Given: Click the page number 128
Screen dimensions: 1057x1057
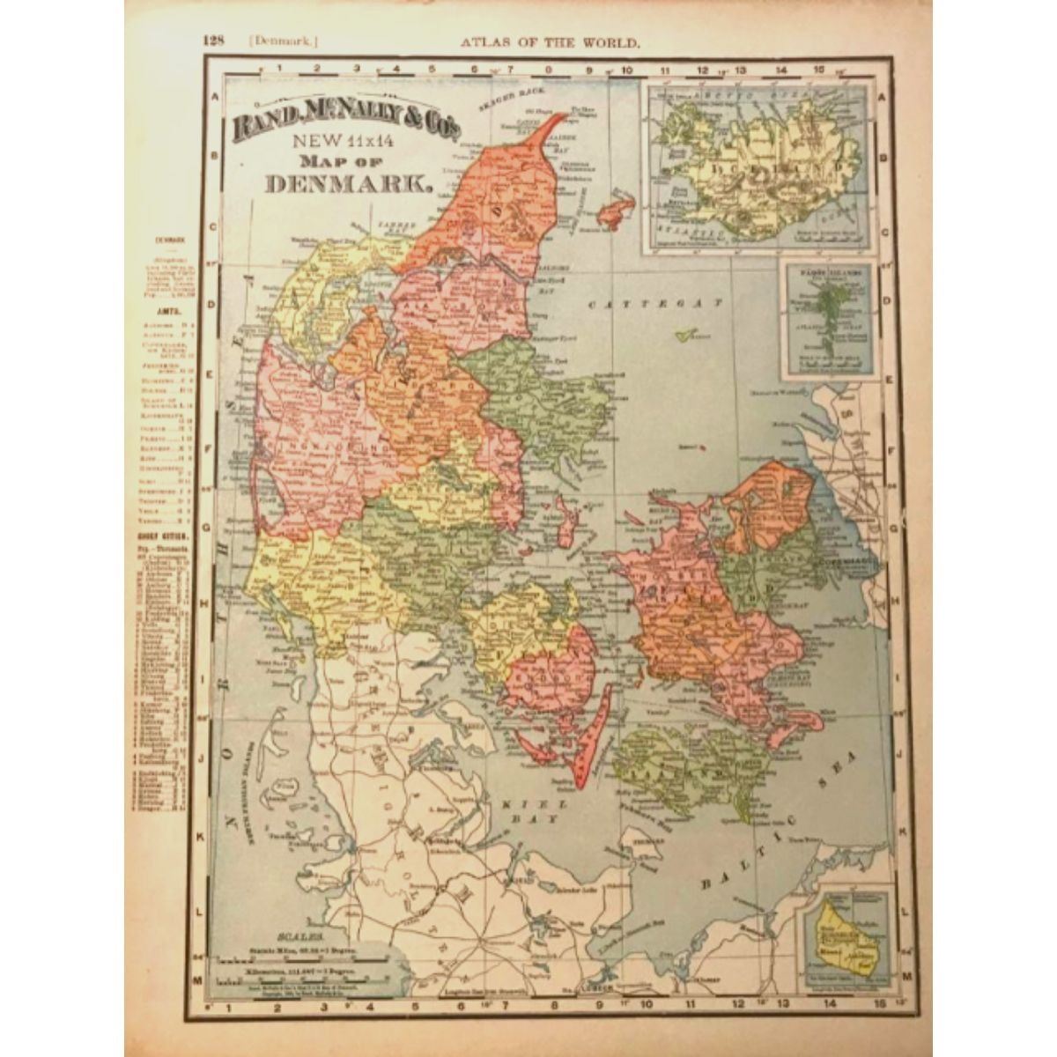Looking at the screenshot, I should click(215, 41).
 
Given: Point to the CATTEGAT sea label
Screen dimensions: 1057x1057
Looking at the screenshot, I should click(656, 303).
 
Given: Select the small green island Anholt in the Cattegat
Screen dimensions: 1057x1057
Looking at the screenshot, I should click(688, 335).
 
